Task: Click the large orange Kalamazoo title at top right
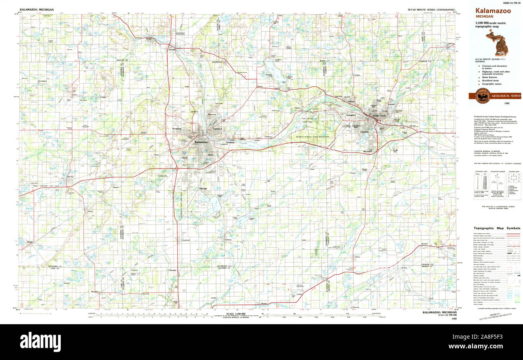click(x=493, y=11)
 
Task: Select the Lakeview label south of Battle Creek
click(x=364, y=132)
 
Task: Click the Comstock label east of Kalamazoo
click(x=230, y=142)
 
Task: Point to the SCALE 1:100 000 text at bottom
click(x=235, y=314)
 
